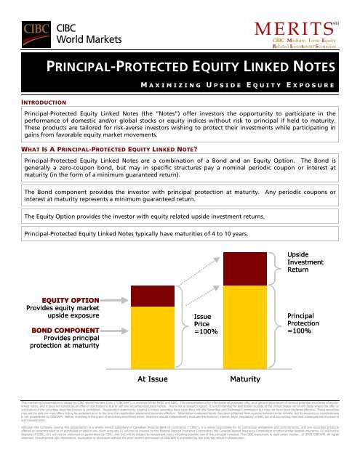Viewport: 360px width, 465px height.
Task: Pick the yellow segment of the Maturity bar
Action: (247, 320)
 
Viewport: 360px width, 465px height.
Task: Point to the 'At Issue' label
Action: (153, 379)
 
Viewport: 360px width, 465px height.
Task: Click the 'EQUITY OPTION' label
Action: (69, 280)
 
